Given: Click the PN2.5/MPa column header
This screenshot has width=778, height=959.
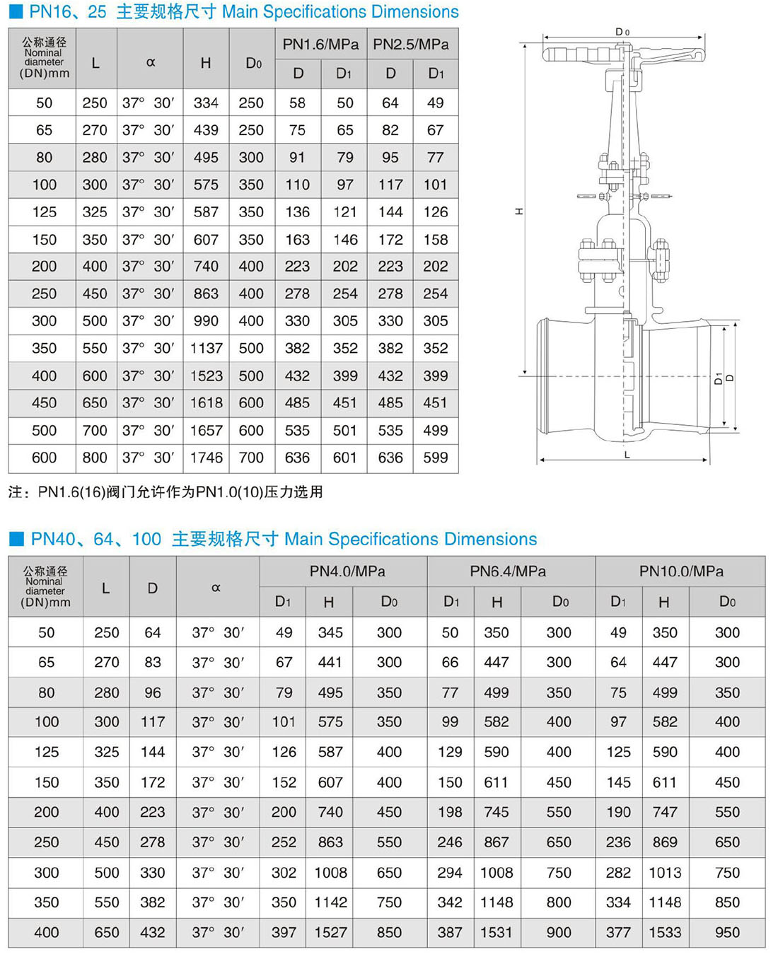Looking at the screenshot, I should tap(411, 44).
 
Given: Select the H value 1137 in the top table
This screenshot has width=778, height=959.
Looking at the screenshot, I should tap(206, 348).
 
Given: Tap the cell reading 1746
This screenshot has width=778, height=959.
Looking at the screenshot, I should tap(206, 458).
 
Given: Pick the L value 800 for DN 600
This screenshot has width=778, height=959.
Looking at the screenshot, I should tap(95, 458).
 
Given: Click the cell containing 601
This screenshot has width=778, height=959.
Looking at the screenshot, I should tap(344, 458).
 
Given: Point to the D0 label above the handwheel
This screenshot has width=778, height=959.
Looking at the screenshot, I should tap(622, 32).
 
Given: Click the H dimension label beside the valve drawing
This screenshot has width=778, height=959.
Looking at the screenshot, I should tap(519, 211).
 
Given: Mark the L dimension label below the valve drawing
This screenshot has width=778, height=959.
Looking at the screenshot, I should tap(627, 455).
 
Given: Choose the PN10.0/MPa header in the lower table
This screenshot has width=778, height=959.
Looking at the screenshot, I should tap(680, 571).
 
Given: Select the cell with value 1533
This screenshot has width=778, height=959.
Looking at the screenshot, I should tap(665, 932).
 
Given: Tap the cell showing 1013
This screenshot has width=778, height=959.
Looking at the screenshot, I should tap(665, 872).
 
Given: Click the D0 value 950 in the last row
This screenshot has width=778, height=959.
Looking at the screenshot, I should tap(727, 932).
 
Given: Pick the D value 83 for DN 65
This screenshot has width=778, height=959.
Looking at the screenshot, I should tap(152, 662).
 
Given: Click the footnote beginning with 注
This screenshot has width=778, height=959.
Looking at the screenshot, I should tap(166, 492).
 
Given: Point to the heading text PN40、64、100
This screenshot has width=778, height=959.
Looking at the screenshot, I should tap(96, 539).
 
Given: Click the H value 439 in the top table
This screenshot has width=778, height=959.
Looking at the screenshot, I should tap(206, 130).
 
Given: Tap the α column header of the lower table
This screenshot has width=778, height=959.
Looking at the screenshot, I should tap(216, 587).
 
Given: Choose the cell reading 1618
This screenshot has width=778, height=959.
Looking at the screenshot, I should tap(206, 402).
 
